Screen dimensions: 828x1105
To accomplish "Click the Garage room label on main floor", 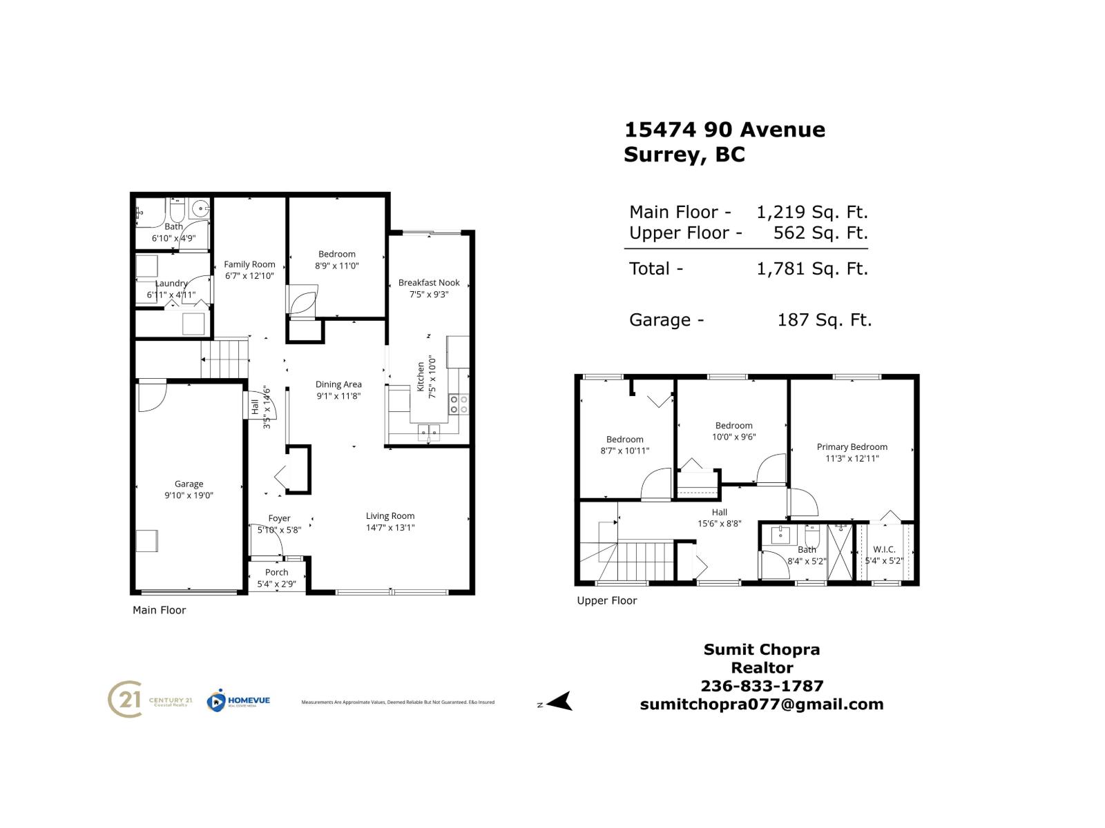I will click(189, 484).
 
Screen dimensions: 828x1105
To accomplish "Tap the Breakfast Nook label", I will click(429, 282).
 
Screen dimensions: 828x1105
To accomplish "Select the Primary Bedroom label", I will click(852, 446).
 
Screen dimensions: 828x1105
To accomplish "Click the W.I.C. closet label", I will click(884, 549).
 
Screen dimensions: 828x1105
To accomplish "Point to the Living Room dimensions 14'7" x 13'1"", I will click(390, 528).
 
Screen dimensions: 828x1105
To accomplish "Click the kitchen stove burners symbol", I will click(459, 404).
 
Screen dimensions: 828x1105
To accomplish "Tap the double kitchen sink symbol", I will click(429, 433).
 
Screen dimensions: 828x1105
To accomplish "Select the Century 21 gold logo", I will click(126, 700).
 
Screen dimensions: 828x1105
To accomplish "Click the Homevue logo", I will click(238, 701).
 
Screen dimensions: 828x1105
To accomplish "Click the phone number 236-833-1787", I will click(762, 686).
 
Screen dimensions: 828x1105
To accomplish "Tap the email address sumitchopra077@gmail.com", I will click(762, 704).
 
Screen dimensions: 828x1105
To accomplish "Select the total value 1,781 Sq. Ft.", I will click(812, 268).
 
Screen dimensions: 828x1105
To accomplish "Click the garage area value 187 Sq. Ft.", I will click(824, 320).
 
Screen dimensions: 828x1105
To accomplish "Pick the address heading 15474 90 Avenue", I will click(724, 130).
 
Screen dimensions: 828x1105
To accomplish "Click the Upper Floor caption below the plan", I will click(606, 601).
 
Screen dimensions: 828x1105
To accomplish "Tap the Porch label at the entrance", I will click(277, 572).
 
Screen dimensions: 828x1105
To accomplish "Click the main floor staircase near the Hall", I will click(225, 358).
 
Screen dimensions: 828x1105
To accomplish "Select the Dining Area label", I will click(338, 384).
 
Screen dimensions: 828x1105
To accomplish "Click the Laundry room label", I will click(171, 284).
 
